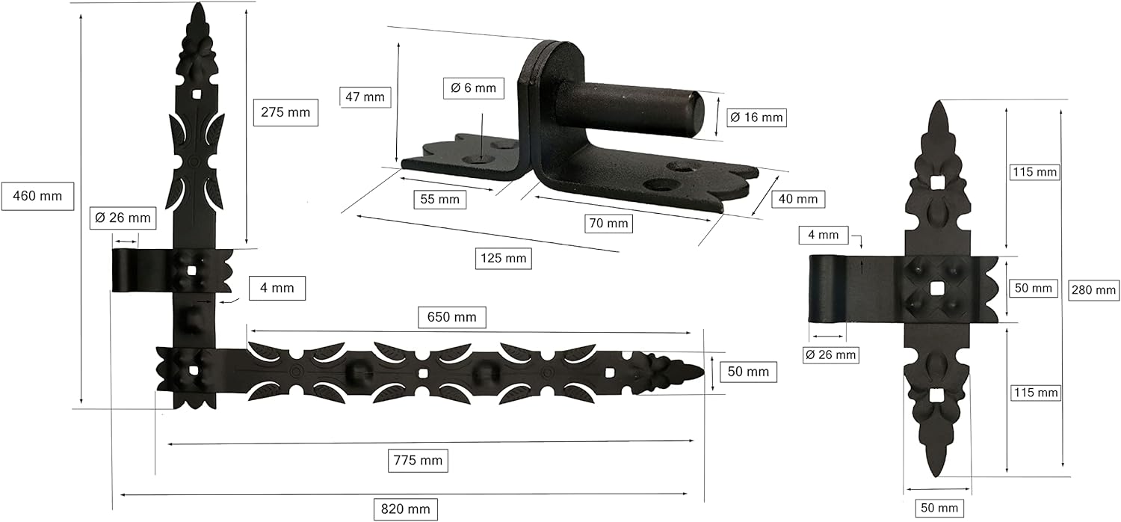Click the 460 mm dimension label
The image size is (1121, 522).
[37, 196]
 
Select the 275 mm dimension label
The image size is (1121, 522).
[285, 112]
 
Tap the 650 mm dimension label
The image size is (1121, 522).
[451, 317]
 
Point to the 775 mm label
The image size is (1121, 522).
[418, 461]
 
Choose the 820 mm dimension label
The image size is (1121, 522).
[405, 509]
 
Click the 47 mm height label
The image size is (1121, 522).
[365, 96]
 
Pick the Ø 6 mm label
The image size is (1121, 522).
[473, 88]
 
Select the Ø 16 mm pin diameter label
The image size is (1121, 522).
[756, 117]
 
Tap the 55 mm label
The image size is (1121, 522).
[440, 200]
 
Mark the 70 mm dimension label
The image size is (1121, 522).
[608, 224]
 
